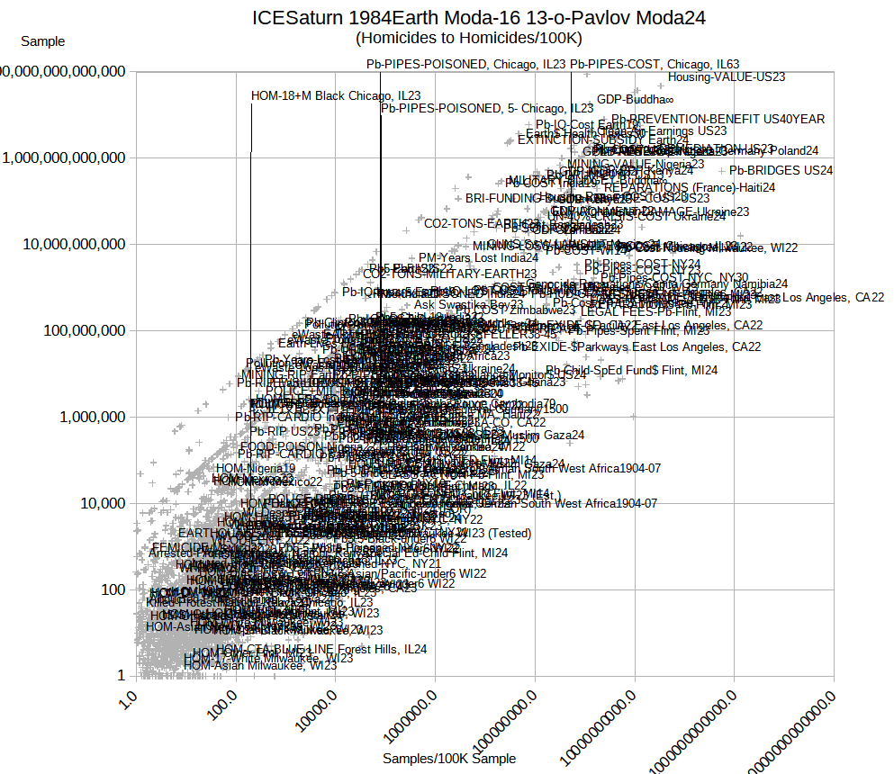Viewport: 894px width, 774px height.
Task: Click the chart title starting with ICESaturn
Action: coord(478,17)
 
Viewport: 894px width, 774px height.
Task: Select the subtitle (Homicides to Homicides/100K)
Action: coord(468,38)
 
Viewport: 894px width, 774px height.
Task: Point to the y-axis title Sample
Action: coord(42,41)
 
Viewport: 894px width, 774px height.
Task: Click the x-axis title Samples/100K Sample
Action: coord(449,759)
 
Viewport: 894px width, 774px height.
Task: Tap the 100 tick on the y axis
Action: coord(108,589)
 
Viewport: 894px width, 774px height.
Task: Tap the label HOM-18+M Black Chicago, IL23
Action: coord(336,95)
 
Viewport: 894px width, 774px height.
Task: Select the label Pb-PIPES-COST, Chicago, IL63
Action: coord(655,64)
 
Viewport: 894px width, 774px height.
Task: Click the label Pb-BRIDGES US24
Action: coord(781,169)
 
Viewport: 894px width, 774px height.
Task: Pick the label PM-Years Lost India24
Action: coord(478,257)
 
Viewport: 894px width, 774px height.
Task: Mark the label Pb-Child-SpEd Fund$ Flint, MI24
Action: coord(631,370)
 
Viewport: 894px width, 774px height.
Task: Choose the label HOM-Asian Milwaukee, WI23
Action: coord(259,666)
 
